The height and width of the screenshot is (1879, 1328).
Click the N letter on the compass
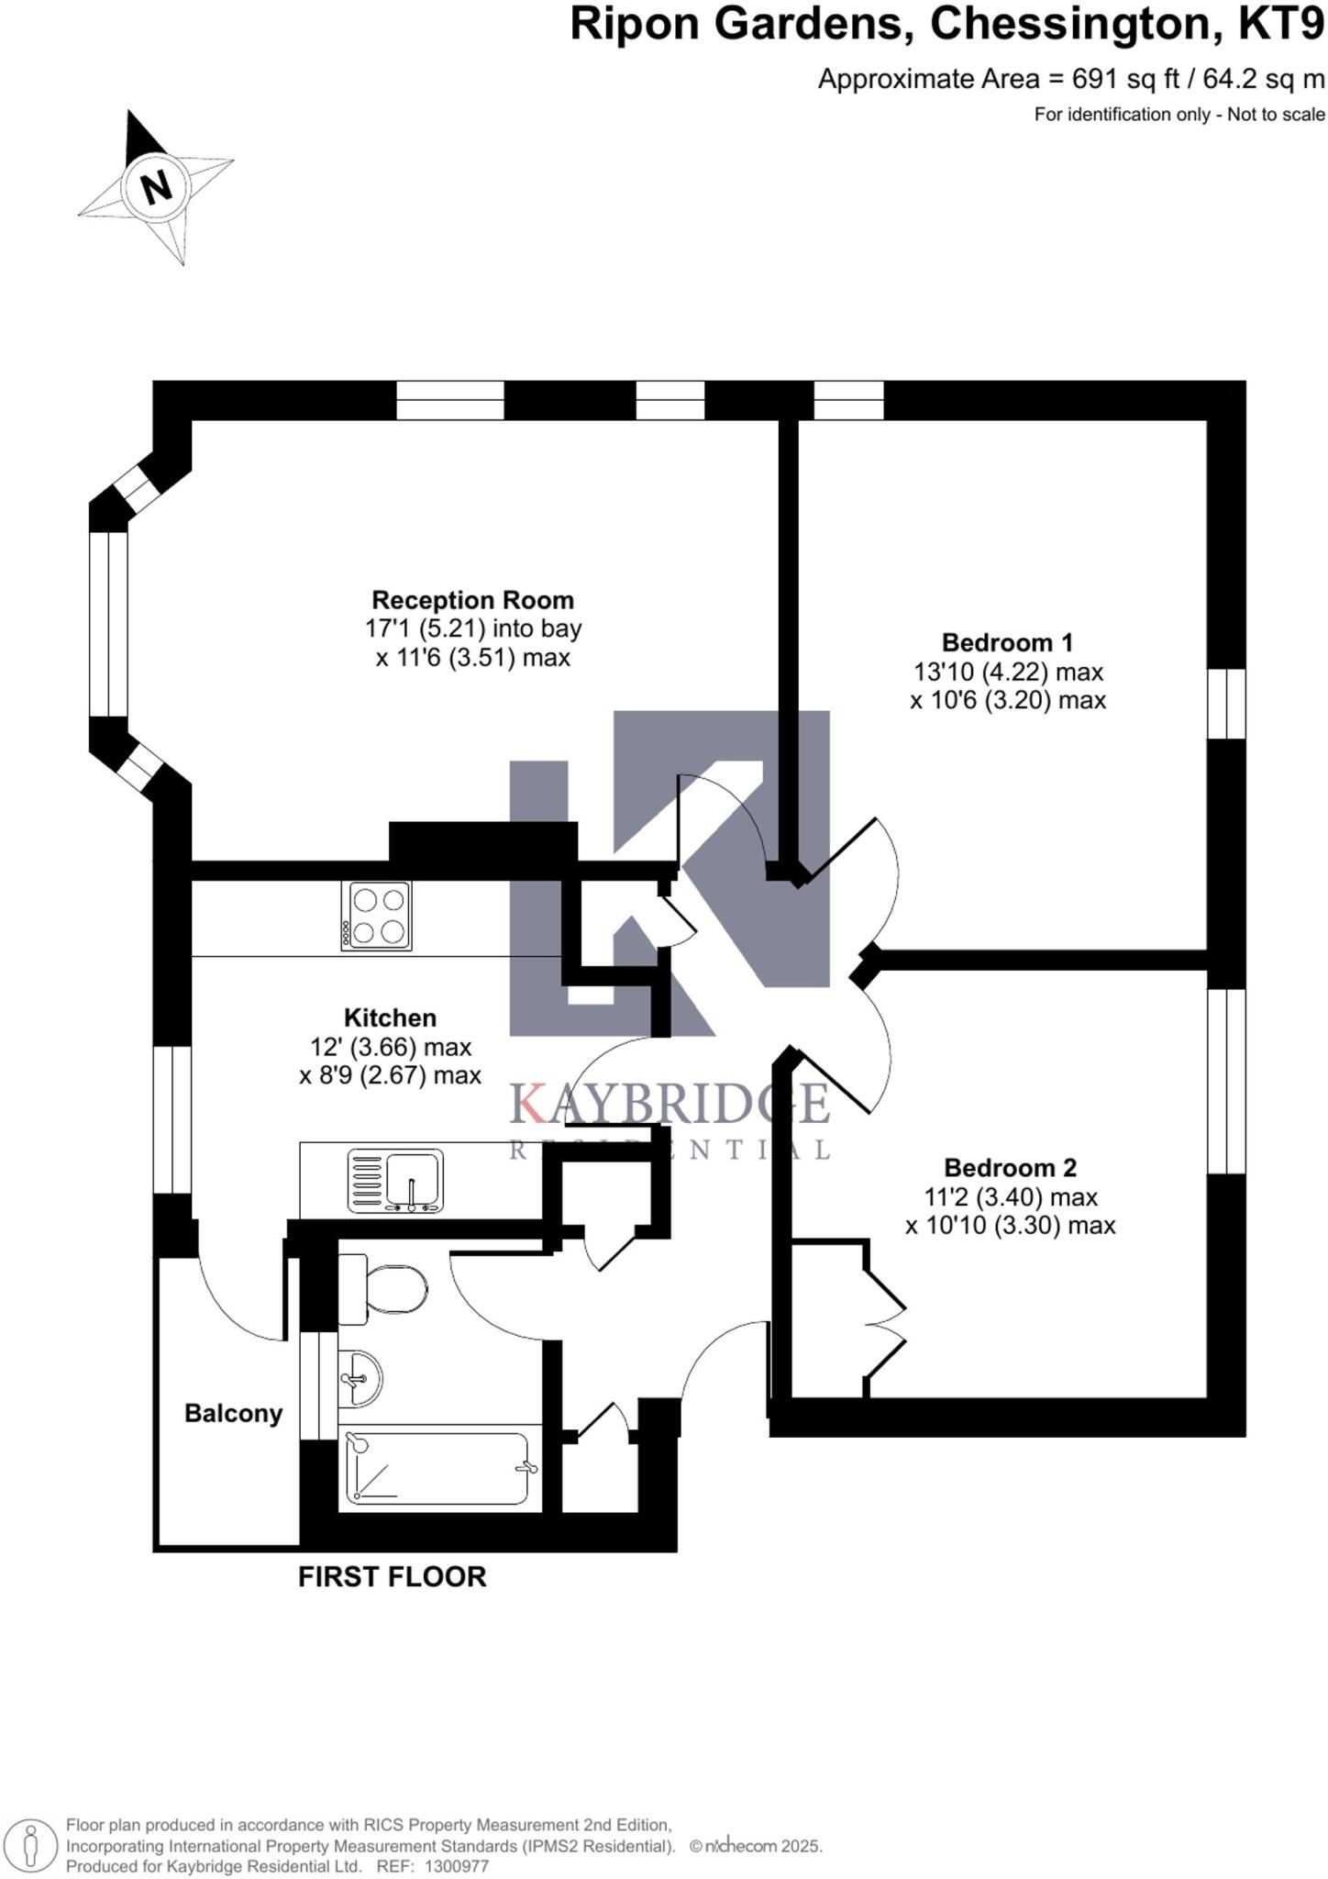(x=157, y=187)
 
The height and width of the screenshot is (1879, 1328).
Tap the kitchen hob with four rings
(x=376, y=916)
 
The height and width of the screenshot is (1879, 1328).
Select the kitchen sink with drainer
(x=395, y=1181)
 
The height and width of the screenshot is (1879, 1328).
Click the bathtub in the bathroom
(x=438, y=1468)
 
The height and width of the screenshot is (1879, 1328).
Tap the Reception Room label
(x=472, y=601)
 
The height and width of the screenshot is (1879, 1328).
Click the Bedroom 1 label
(x=1007, y=642)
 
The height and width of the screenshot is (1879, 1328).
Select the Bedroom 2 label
(x=1010, y=1168)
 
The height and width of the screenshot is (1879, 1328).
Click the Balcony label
(x=233, y=1414)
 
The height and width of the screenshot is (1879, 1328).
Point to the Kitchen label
(x=390, y=1017)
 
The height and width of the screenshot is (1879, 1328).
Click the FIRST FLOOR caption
(x=392, y=1577)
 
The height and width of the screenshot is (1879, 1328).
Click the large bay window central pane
(x=108, y=624)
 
